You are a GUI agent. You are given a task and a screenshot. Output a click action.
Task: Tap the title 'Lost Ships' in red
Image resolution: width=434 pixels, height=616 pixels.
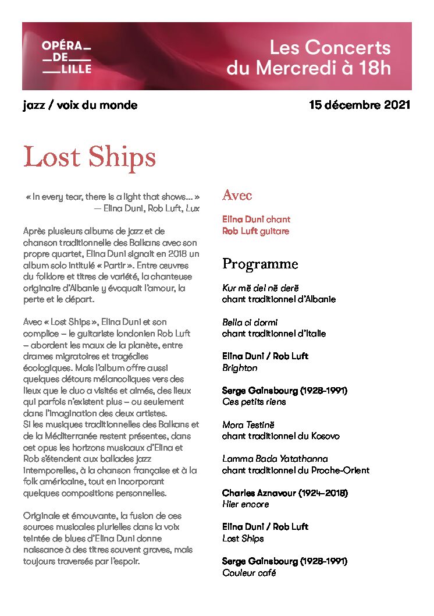(x=90, y=157)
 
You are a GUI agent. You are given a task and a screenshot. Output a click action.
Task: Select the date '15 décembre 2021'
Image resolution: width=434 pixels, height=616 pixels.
(x=360, y=105)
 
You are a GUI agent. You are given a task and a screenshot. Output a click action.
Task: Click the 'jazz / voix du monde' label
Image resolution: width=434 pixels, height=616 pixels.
(x=80, y=105)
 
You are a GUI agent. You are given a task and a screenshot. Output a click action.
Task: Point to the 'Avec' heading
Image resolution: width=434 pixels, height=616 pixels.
(x=237, y=196)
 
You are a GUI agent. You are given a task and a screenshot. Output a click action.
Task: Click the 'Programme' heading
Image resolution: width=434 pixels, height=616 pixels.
(x=260, y=264)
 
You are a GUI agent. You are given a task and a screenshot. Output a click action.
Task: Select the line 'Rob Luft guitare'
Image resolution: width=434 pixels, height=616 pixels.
(x=255, y=231)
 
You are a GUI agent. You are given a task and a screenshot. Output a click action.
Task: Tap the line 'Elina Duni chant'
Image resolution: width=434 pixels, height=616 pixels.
(x=256, y=220)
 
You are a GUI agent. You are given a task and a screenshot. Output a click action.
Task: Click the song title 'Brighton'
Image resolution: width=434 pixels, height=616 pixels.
(x=240, y=368)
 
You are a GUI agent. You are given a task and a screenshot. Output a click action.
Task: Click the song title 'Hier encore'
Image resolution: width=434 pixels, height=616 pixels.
(x=246, y=504)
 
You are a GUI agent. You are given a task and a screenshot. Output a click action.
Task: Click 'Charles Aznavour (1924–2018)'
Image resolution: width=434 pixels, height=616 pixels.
(x=284, y=493)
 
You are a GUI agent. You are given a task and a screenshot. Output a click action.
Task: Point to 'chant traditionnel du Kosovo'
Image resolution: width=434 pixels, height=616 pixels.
(x=280, y=436)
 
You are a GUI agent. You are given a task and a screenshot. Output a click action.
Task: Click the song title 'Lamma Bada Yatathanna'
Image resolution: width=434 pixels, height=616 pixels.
(x=275, y=459)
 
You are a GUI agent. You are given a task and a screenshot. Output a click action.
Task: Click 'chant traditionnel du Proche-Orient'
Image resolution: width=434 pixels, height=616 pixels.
(x=296, y=470)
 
